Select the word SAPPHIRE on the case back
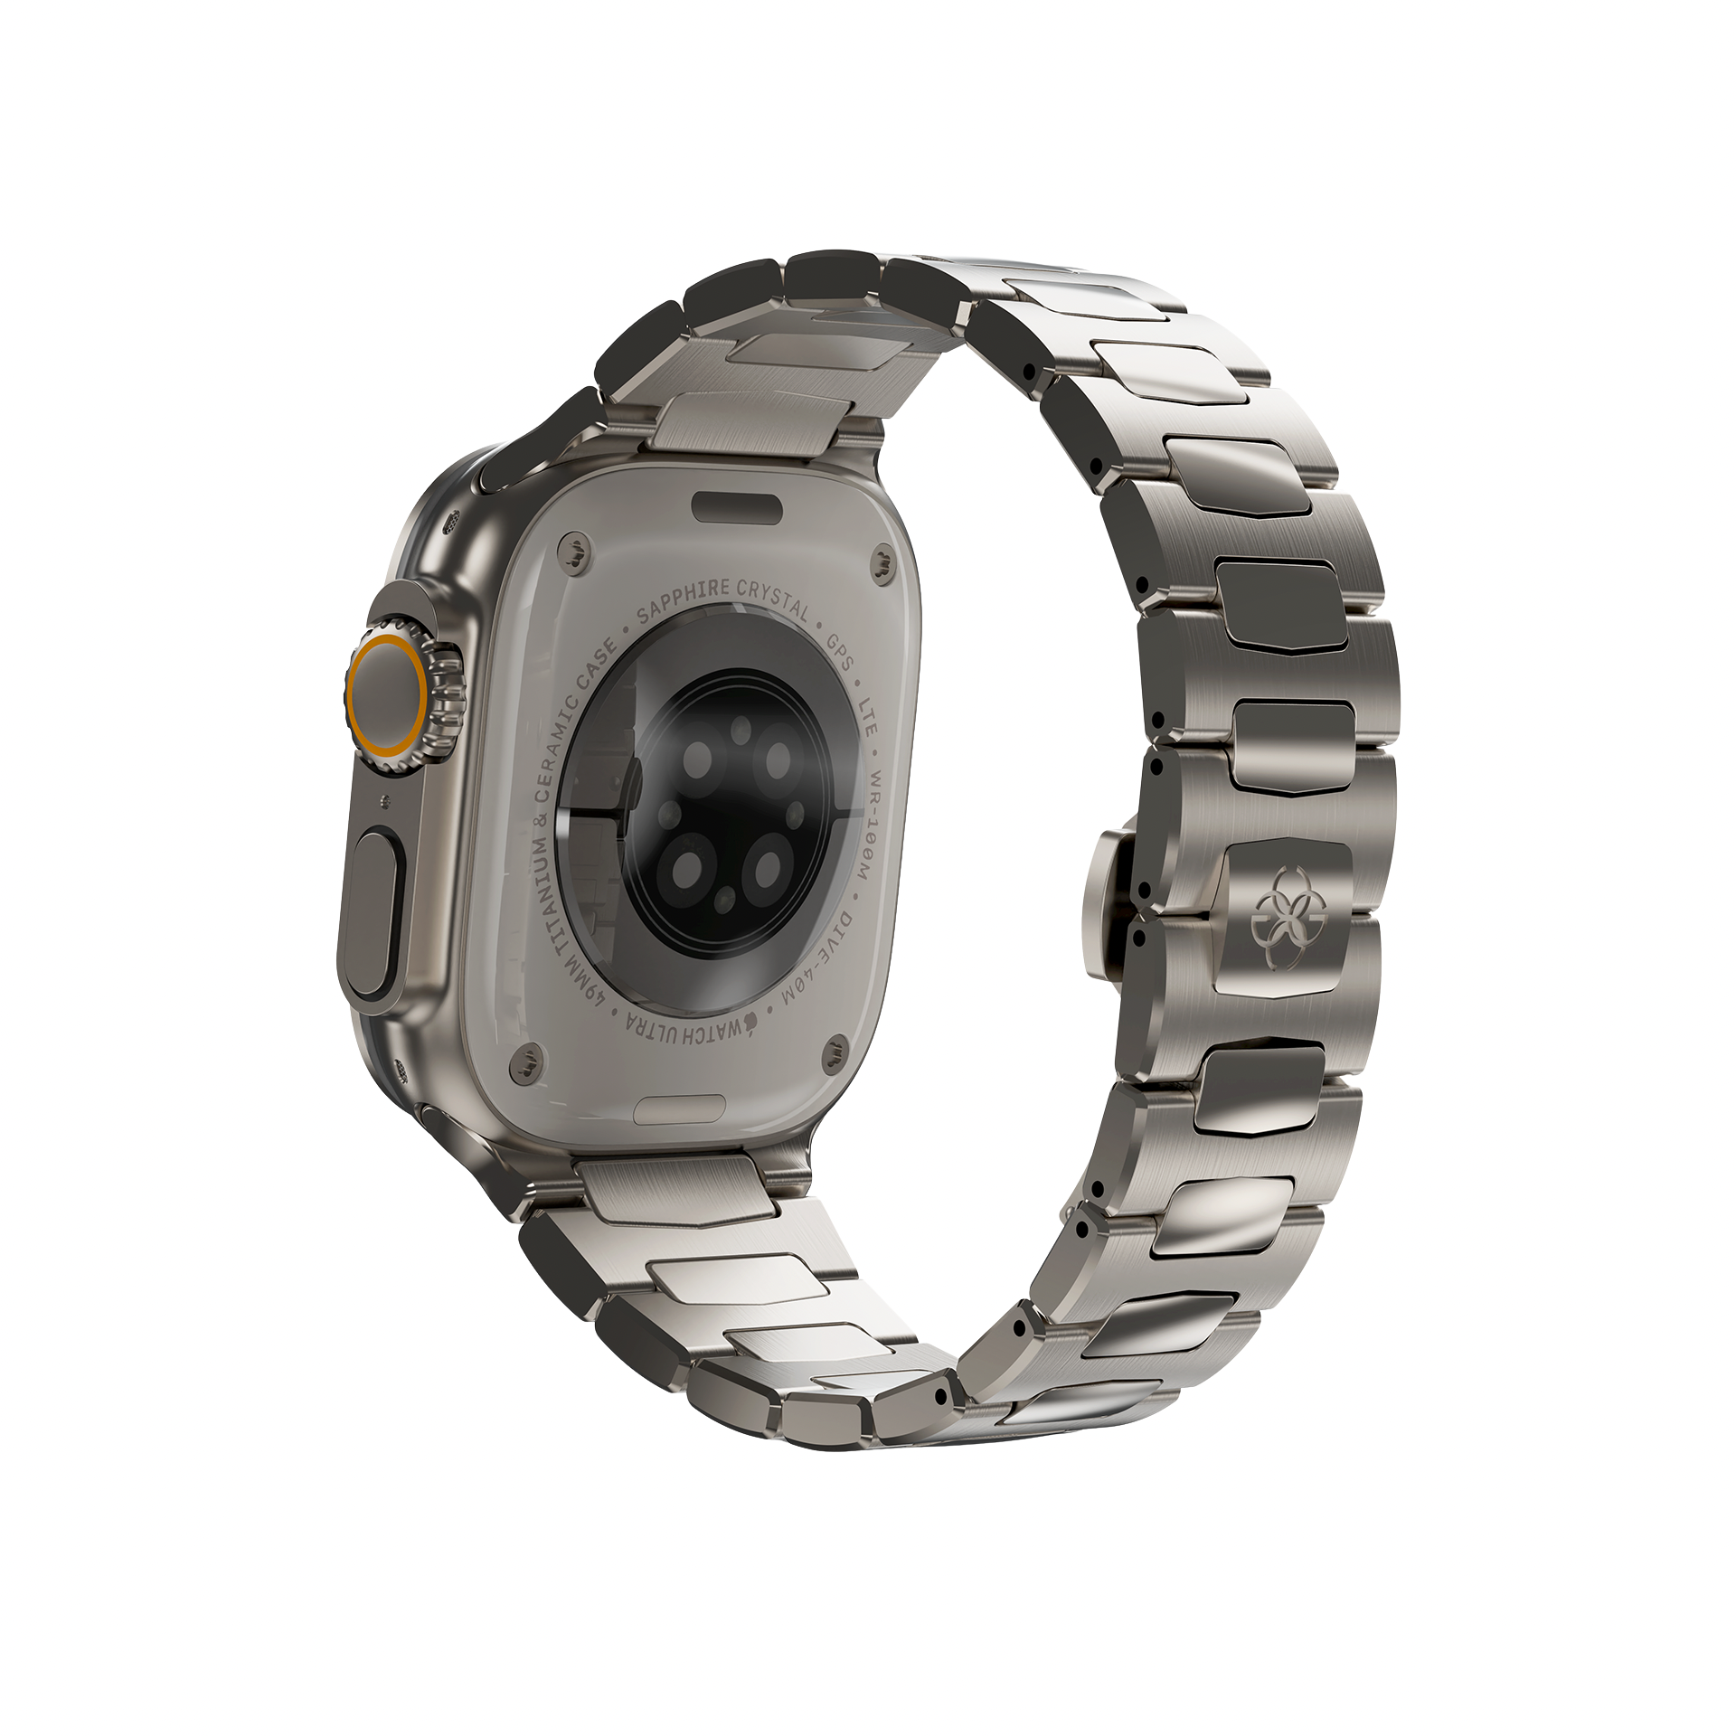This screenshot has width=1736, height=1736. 683,600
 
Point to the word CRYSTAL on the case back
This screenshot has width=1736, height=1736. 774,599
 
